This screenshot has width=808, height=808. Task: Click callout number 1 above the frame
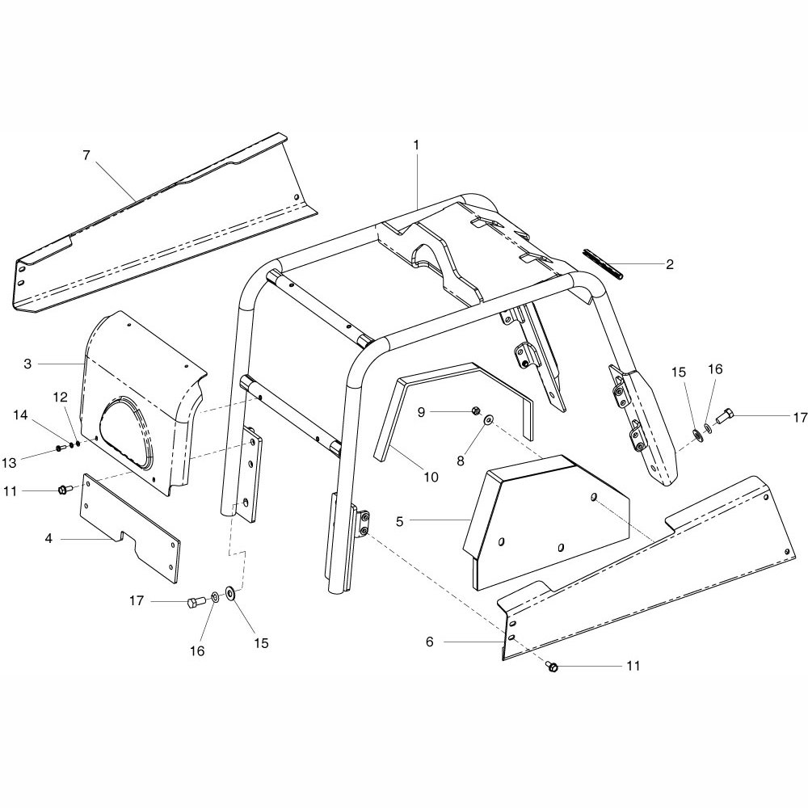tap(416, 145)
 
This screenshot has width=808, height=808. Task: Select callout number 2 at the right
tap(669, 264)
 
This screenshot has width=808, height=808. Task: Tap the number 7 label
tap(86, 154)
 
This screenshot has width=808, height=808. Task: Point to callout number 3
tap(27, 364)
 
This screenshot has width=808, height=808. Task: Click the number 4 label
tap(49, 538)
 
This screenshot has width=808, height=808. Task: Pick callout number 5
tap(399, 521)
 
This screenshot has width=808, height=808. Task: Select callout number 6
tap(429, 642)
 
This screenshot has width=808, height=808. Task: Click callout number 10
tap(431, 478)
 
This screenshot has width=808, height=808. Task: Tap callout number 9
tap(421, 412)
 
